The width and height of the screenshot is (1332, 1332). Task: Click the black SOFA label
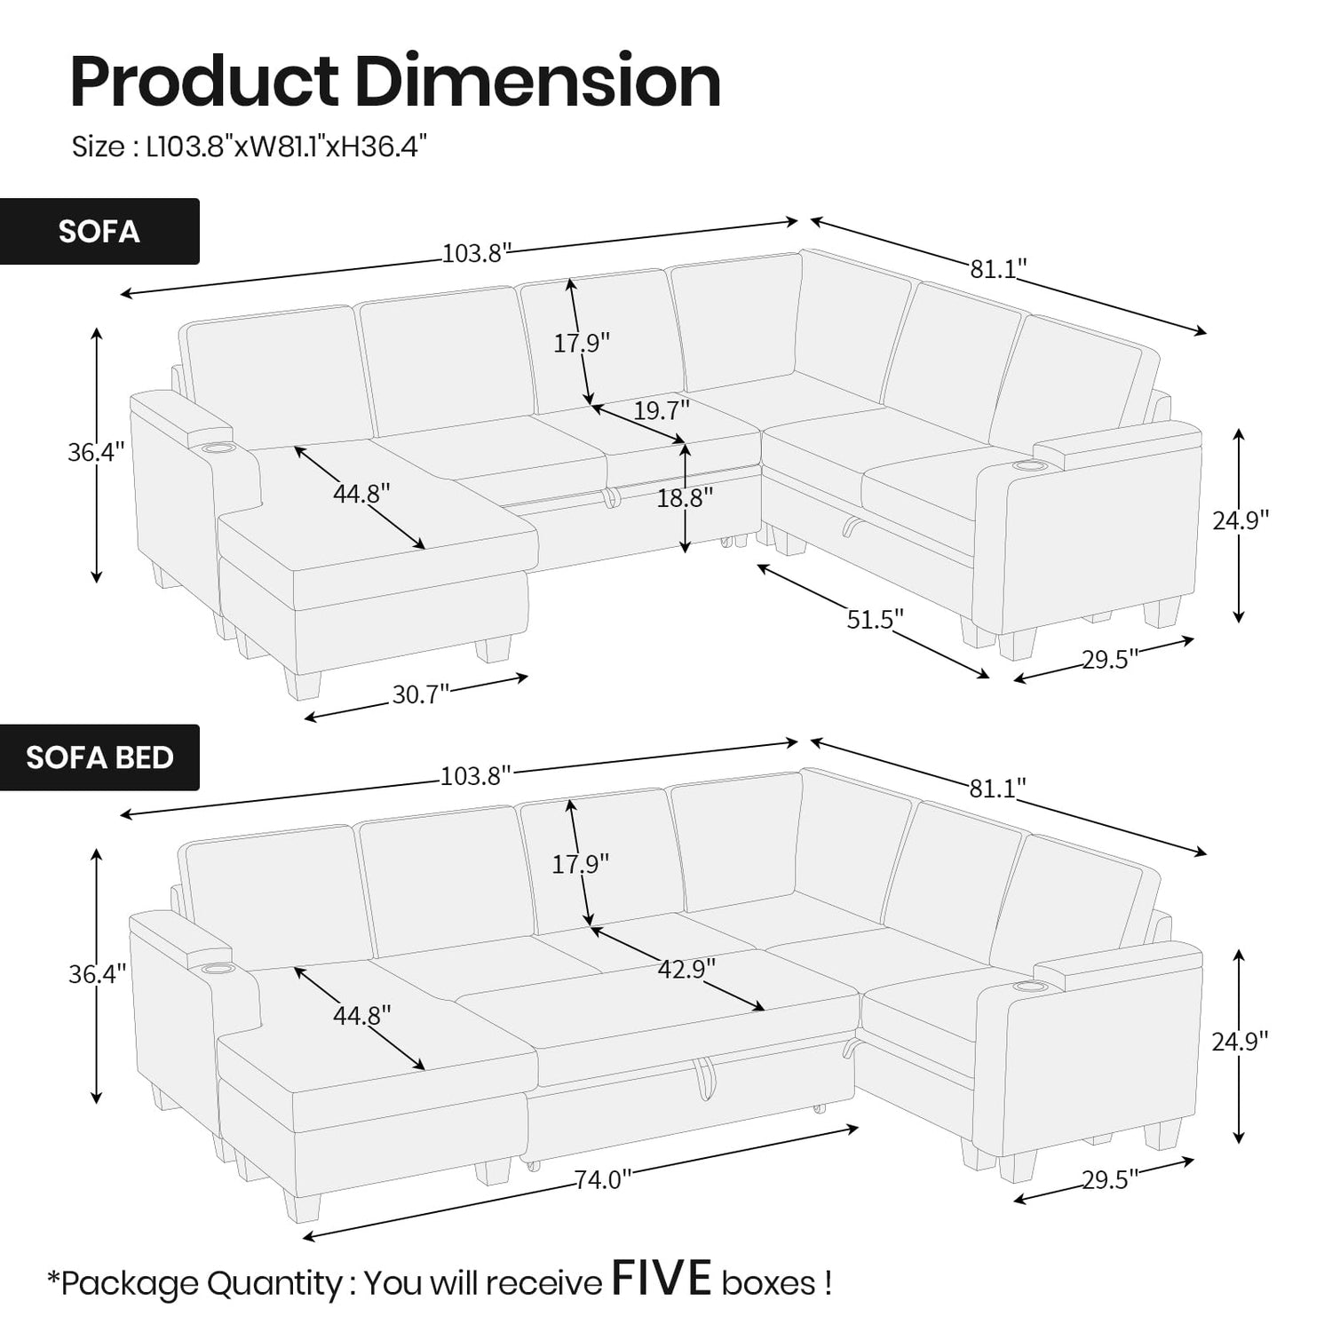click(x=99, y=231)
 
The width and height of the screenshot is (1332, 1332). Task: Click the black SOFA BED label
click(x=99, y=757)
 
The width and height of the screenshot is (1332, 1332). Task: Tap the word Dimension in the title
click(x=537, y=82)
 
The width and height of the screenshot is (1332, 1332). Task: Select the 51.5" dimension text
click(x=875, y=619)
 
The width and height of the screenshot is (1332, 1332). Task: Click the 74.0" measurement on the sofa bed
click(x=603, y=1179)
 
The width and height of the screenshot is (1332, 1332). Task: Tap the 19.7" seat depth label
click(x=662, y=410)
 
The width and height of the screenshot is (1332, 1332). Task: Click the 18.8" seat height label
click(x=685, y=498)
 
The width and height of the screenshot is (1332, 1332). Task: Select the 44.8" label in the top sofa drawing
click(x=361, y=493)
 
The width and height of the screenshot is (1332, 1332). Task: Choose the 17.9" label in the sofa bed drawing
click(x=581, y=862)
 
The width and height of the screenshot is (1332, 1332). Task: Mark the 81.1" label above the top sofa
click(x=998, y=268)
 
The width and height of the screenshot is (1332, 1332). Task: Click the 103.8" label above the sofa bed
click(x=477, y=776)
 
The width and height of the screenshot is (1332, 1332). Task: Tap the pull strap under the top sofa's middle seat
click(x=610, y=499)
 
